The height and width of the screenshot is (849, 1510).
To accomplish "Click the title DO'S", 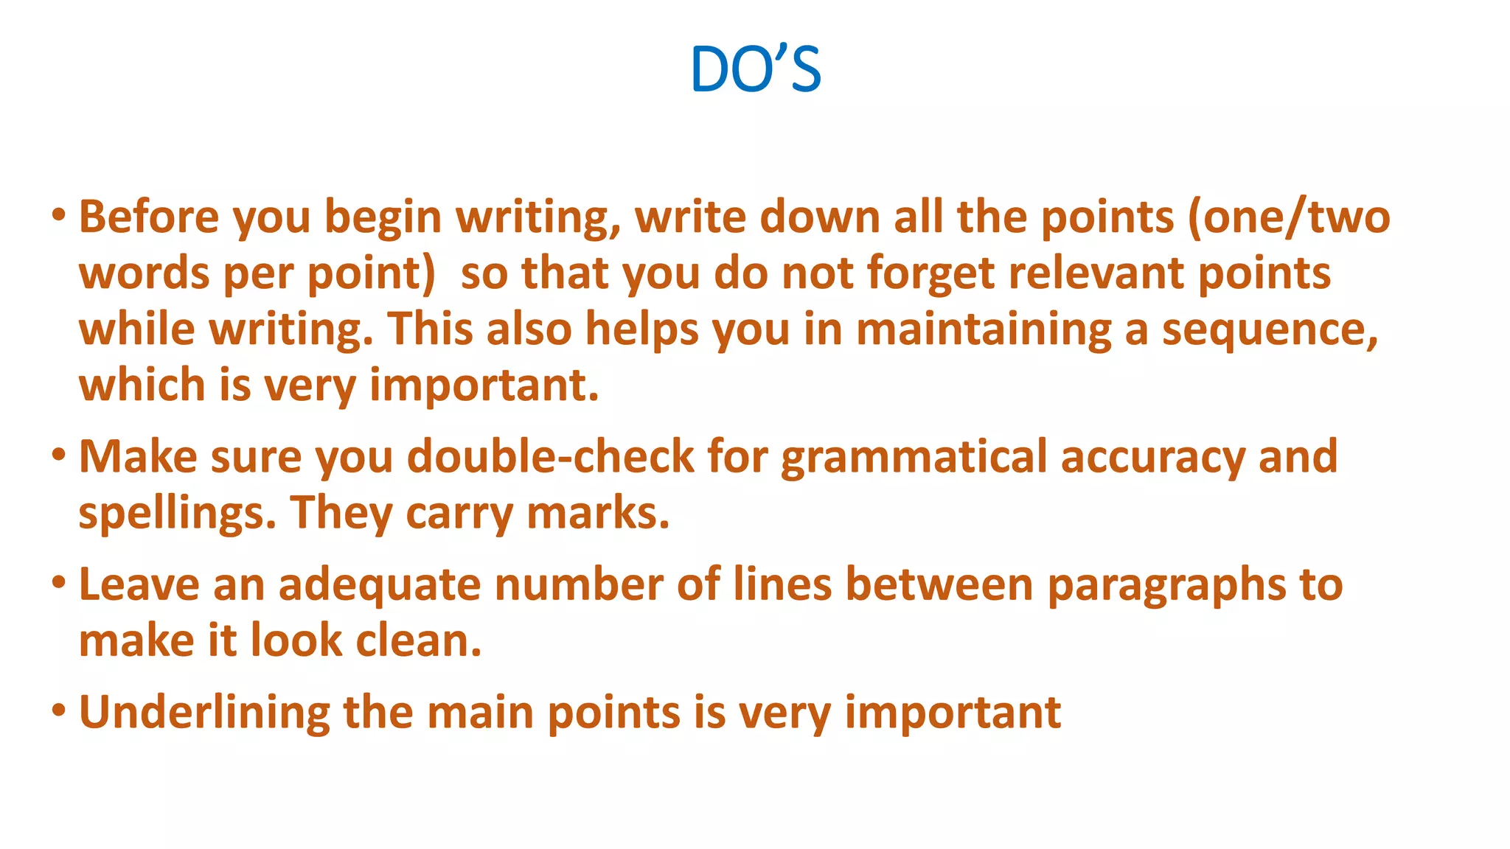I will [x=755, y=69].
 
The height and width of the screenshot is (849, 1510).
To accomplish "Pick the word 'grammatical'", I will [x=914, y=457].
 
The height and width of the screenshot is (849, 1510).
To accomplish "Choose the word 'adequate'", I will [x=379, y=585].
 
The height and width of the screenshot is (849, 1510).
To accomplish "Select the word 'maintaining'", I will [x=984, y=329].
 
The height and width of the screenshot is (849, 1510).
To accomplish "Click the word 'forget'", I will [x=930, y=274].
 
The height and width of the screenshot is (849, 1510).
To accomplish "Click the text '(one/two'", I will [x=1289, y=218].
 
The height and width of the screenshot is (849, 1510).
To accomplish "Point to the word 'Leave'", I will [x=139, y=585].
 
